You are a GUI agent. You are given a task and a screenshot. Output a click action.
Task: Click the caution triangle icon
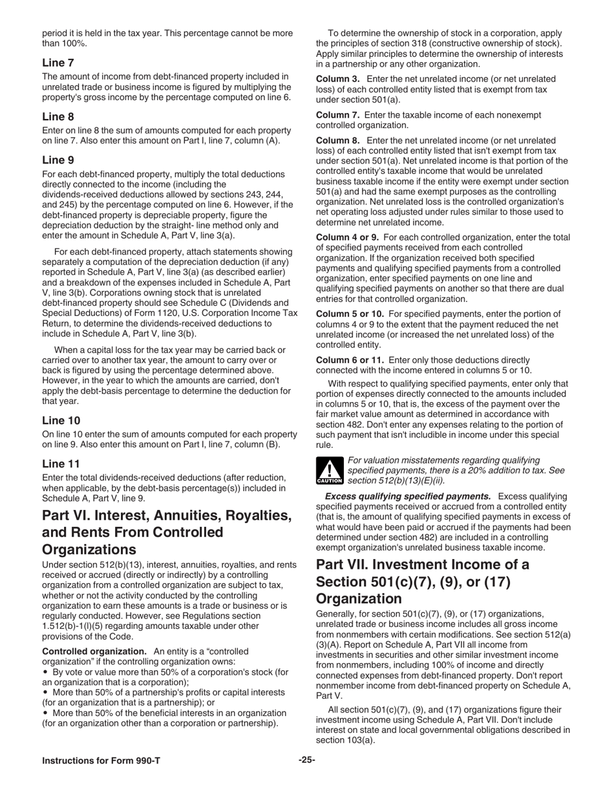[x=329, y=471]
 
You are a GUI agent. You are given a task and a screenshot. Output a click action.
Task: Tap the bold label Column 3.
[x=337, y=79]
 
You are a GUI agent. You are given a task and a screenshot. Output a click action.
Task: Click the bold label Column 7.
[x=337, y=115]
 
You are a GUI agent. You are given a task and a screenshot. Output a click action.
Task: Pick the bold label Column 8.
[x=337, y=140]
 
